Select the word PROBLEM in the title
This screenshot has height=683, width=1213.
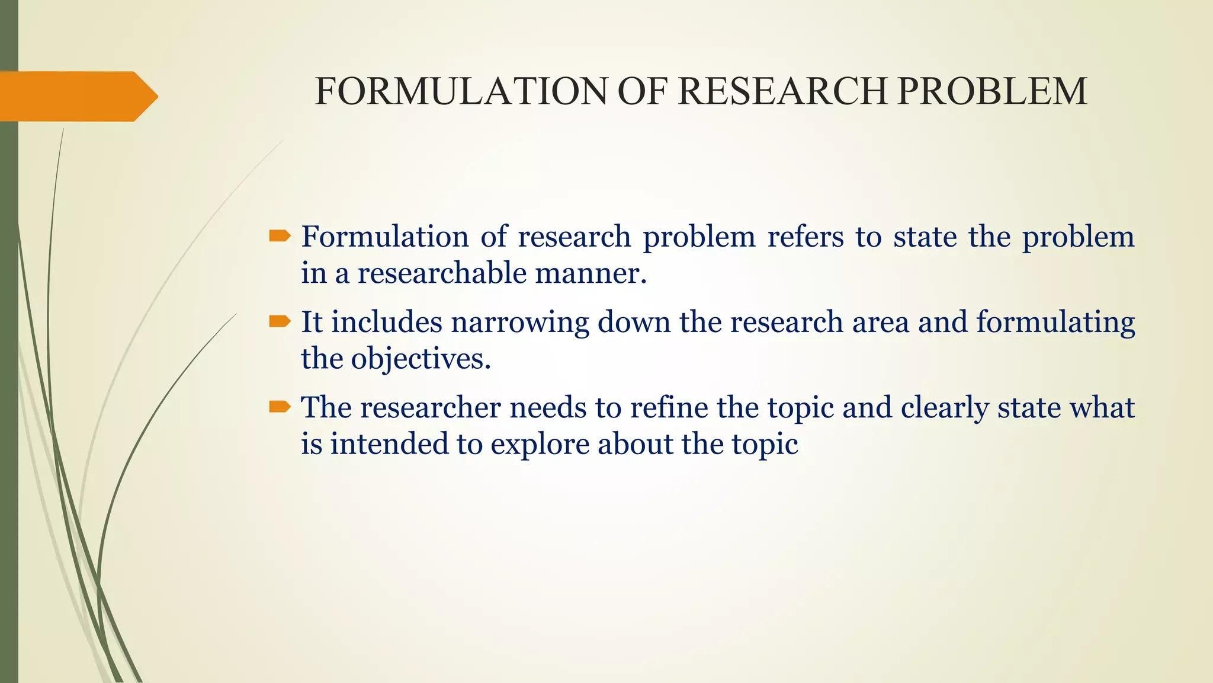tap(992, 92)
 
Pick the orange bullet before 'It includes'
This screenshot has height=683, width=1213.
tap(280, 322)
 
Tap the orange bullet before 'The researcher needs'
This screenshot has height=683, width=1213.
tap(280, 407)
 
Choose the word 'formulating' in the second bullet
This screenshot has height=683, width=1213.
tap(1055, 323)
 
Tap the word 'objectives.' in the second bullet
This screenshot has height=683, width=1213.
tap(421, 359)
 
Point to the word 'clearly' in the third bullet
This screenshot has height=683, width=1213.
tap(945, 408)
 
